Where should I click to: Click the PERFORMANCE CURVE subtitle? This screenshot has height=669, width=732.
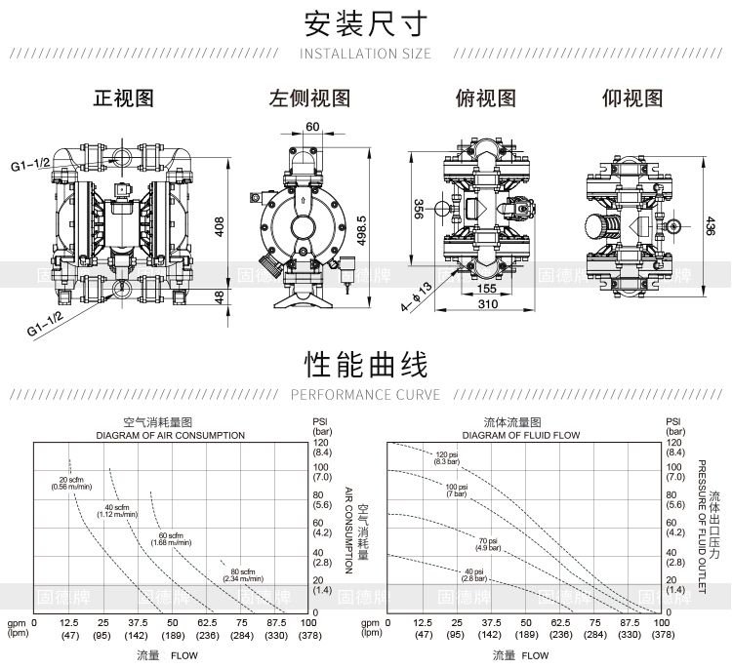(x=366, y=395)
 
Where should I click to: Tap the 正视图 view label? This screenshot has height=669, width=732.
(x=123, y=98)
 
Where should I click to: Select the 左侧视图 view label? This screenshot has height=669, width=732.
(x=309, y=98)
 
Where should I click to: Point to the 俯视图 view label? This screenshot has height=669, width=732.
(x=485, y=98)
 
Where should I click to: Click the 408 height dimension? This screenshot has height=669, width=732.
(x=221, y=226)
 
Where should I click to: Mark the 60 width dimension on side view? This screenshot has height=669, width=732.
(x=312, y=127)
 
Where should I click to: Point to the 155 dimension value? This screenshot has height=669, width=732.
(x=487, y=288)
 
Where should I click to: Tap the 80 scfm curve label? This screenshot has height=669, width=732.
(x=243, y=574)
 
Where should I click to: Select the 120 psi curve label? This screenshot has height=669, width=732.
(x=447, y=457)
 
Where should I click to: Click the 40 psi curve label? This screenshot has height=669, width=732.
(x=474, y=574)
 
